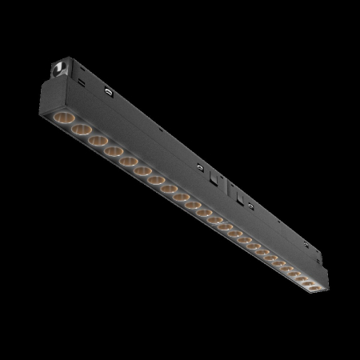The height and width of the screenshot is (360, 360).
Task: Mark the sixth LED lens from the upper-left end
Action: click(144, 170)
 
